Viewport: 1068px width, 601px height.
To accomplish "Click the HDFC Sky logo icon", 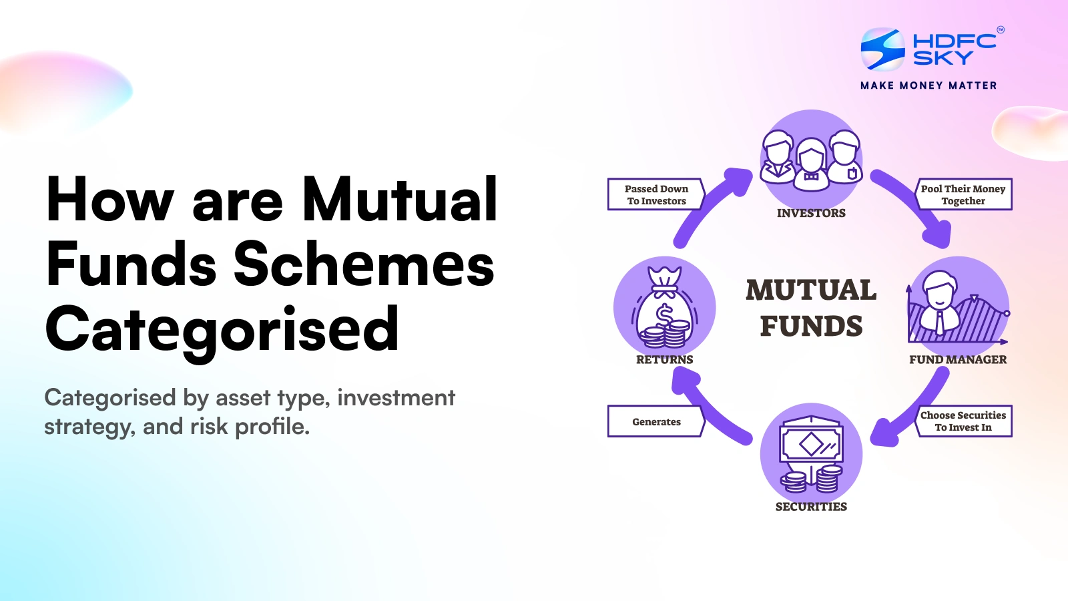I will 882,49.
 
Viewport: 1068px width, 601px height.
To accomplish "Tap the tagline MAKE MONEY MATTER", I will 928,85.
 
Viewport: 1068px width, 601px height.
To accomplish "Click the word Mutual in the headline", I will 399,200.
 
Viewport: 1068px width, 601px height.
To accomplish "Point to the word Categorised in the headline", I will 222,329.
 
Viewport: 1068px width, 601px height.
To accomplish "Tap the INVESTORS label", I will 811,213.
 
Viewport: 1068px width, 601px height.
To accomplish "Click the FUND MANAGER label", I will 958,359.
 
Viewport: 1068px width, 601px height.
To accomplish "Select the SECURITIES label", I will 811,507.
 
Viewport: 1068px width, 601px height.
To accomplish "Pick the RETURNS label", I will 664,359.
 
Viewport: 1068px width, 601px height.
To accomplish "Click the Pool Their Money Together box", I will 963,194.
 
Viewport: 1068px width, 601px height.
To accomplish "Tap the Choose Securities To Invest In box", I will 963,421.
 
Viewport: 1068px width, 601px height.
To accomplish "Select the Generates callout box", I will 656,421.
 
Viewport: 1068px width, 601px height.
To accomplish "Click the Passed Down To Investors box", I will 656,194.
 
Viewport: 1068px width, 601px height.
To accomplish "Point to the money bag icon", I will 664,309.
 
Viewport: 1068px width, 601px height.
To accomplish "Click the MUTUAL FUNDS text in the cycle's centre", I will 811,309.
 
